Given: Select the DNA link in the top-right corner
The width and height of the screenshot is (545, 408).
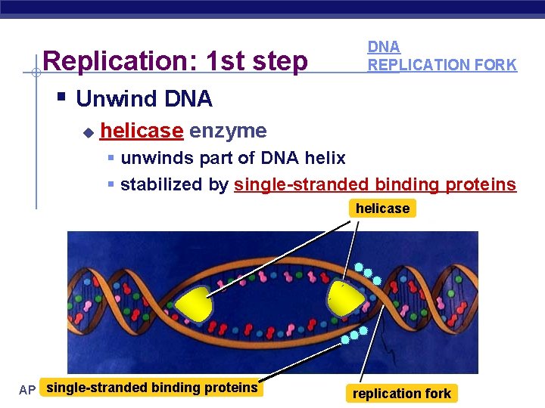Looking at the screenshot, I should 383,47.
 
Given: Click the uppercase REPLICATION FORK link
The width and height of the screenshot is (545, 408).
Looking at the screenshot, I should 442,65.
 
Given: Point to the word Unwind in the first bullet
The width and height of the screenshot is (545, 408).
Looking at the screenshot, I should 112,99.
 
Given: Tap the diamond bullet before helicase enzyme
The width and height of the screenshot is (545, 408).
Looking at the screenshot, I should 88,132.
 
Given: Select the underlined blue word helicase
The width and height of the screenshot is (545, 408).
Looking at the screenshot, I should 142,131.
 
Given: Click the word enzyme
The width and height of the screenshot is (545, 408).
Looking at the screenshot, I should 228,131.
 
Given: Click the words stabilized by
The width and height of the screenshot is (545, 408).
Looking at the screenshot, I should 175,184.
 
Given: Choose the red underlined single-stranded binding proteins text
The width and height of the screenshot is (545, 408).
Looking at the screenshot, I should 375,184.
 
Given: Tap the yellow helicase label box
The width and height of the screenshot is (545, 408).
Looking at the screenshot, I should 382,209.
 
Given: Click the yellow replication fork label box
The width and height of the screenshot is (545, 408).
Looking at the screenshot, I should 401,393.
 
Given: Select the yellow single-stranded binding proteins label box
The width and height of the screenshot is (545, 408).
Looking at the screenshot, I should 151,388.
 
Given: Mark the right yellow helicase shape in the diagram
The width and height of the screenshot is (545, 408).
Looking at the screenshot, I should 344,297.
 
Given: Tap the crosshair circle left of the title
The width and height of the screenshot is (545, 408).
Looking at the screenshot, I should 36,73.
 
